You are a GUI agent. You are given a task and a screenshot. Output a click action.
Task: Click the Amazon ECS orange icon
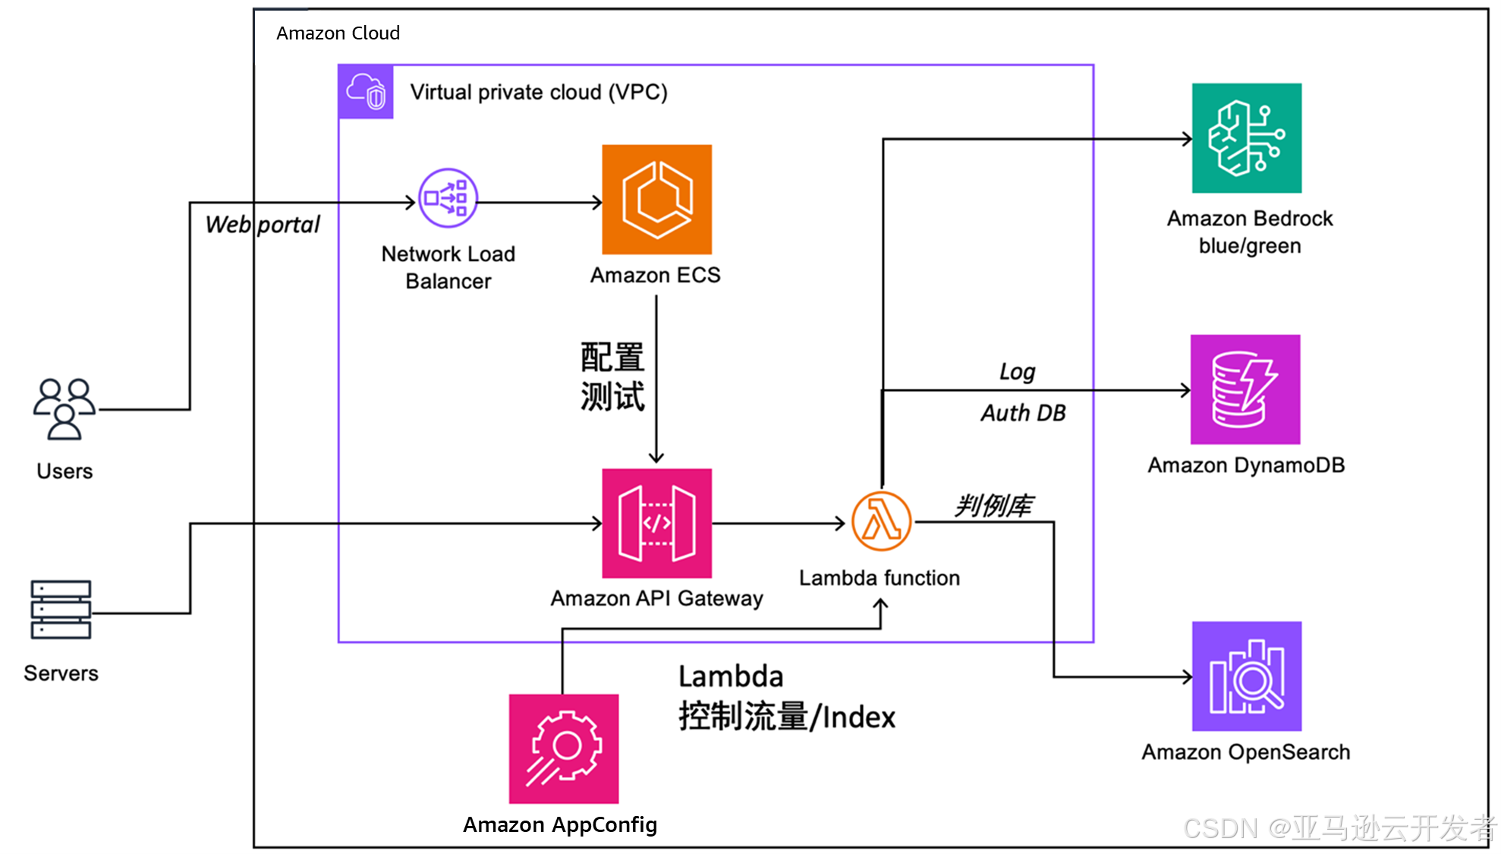tap(656, 200)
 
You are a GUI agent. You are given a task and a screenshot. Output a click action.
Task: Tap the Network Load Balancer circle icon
tap(448, 198)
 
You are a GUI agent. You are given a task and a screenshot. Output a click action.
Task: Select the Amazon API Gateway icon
tap(656, 523)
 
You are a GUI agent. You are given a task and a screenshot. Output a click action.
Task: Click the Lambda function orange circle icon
tap(881, 522)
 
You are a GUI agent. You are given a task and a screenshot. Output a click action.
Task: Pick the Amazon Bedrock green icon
tap(1246, 138)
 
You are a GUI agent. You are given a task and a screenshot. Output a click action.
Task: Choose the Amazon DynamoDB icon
tap(1245, 389)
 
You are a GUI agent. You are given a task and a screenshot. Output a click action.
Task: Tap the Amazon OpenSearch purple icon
tap(1246, 676)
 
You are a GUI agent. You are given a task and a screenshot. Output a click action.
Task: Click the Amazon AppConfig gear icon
tap(563, 748)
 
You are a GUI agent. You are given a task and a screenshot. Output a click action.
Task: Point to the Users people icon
tap(65, 409)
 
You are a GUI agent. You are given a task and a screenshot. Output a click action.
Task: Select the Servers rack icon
tap(61, 610)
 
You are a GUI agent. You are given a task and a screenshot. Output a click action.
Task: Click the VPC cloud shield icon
tap(366, 92)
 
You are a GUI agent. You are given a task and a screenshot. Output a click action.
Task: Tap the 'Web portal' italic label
tap(263, 225)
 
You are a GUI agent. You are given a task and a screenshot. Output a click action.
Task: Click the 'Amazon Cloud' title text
tap(338, 33)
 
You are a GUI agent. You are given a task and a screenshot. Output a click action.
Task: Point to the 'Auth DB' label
tap(1023, 413)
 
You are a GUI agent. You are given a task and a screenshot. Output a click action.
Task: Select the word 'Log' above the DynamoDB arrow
tap(1017, 372)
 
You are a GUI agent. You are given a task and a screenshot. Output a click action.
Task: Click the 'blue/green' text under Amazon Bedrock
tap(1249, 246)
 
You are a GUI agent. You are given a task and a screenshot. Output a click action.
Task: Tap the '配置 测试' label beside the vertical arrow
tap(612, 377)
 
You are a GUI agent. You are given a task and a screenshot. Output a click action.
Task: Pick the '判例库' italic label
tap(993, 506)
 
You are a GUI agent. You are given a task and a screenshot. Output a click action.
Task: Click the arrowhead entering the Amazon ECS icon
tap(597, 203)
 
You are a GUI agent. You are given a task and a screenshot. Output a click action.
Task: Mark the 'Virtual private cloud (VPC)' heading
tap(539, 93)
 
